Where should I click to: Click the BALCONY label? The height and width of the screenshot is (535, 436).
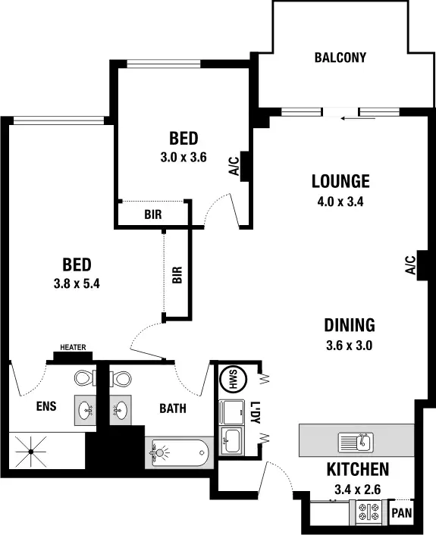[x=340, y=58]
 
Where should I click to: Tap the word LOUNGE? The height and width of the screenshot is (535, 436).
[x=340, y=182]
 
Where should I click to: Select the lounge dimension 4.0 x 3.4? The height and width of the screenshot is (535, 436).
[x=340, y=202]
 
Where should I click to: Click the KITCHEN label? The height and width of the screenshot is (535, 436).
[x=358, y=469]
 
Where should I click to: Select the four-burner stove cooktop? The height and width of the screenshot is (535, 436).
[x=368, y=513]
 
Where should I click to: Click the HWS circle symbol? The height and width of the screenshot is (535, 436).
[x=230, y=379]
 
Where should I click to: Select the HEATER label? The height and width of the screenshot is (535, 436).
[x=73, y=349]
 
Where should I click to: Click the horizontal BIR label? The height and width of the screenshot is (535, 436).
[x=152, y=214]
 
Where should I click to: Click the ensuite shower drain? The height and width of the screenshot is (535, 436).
[x=31, y=453]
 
